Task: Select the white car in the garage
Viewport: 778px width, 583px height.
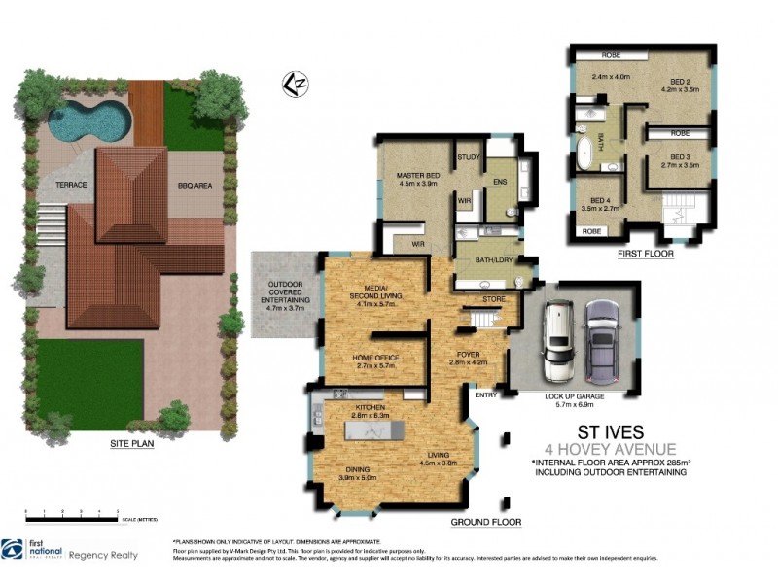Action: pyautogui.click(x=561, y=342)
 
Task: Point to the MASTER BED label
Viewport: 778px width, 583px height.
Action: pyautogui.click(x=419, y=176)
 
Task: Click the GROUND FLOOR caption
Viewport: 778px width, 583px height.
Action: pyautogui.click(x=485, y=522)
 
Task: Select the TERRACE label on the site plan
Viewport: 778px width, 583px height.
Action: pyautogui.click(x=70, y=184)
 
